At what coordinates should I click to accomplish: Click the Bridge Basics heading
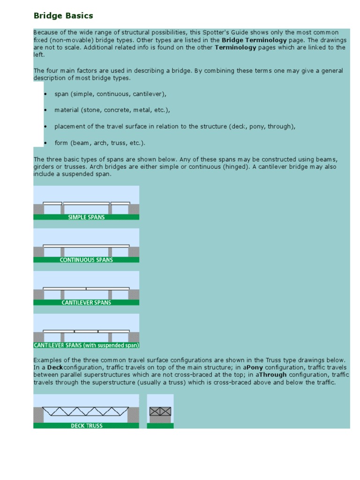63,15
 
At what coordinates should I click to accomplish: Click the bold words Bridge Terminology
254,40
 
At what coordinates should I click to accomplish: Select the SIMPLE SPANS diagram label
86,217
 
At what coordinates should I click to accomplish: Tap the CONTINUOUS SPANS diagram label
86,260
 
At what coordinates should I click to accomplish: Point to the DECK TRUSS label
86,426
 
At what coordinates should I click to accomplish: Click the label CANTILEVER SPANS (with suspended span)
86,345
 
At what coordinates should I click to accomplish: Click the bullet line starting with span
110,94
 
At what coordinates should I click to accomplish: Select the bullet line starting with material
112,110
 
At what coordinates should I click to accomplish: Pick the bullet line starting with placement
174,127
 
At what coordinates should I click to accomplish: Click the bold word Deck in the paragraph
55,367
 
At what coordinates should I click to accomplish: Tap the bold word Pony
255,367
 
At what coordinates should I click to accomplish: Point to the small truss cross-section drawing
160,412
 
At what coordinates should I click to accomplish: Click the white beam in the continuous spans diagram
86,246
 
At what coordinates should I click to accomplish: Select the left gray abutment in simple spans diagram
38,209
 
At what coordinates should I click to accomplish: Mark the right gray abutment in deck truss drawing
133,414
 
